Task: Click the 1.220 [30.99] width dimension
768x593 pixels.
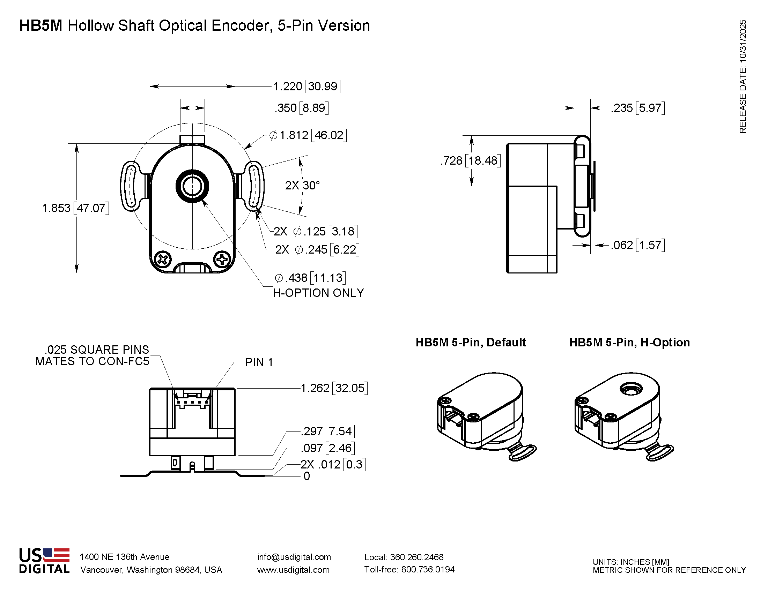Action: coord(307,86)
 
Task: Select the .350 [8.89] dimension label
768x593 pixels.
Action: coord(301,108)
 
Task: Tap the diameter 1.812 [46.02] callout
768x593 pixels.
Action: coord(308,135)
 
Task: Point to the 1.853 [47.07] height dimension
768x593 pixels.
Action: coord(75,208)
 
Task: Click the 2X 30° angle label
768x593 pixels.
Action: coord(302,185)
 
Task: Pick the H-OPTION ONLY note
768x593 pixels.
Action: coord(318,293)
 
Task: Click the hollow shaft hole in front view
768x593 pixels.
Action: coord(192,186)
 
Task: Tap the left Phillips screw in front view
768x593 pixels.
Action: coord(163,260)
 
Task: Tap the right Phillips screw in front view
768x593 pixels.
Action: coord(222,260)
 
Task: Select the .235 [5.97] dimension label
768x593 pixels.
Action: coord(637,108)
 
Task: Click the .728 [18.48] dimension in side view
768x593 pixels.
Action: coord(470,160)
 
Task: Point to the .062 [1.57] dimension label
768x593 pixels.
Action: coord(637,245)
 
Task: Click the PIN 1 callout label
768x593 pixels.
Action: coord(259,362)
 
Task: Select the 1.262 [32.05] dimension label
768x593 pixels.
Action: coord(334,388)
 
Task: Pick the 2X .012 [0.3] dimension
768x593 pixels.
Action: coord(333,464)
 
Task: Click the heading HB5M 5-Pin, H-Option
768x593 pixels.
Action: coord(629,342)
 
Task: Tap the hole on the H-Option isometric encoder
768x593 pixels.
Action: coord(631,389)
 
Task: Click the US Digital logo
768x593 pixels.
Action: coord(44,561)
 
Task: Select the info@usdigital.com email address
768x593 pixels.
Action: coord(294,557)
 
